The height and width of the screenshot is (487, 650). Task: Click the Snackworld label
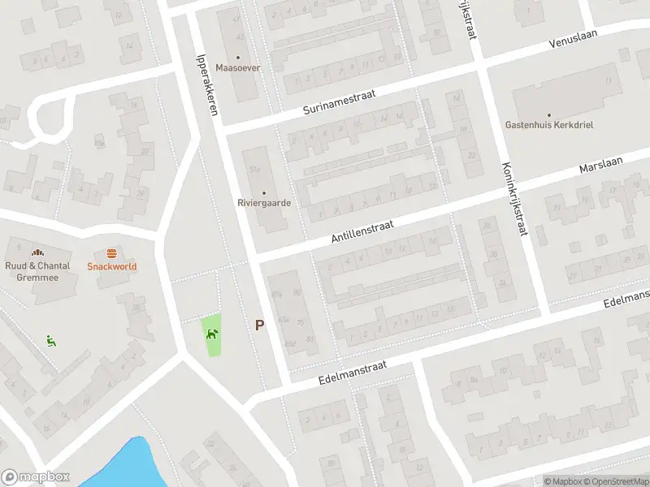(x=112, y=266)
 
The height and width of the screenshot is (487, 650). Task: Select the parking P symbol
(x=260, y=325)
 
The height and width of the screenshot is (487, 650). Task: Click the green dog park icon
(x=212, y=333)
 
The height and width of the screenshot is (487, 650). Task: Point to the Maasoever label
(x=238, y=67)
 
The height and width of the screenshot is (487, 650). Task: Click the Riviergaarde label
(x=264, y=203)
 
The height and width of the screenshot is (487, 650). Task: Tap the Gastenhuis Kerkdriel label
(x=549, y=126)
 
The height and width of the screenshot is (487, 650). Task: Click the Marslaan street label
(x=600, y=165)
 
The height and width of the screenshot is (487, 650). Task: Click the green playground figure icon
(x=50, y=341)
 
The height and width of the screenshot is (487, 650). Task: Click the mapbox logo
(x=35, y=477)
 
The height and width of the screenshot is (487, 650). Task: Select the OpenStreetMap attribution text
(x=618, y=481)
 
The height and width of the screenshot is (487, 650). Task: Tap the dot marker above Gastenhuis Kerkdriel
(x=549, y=115)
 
